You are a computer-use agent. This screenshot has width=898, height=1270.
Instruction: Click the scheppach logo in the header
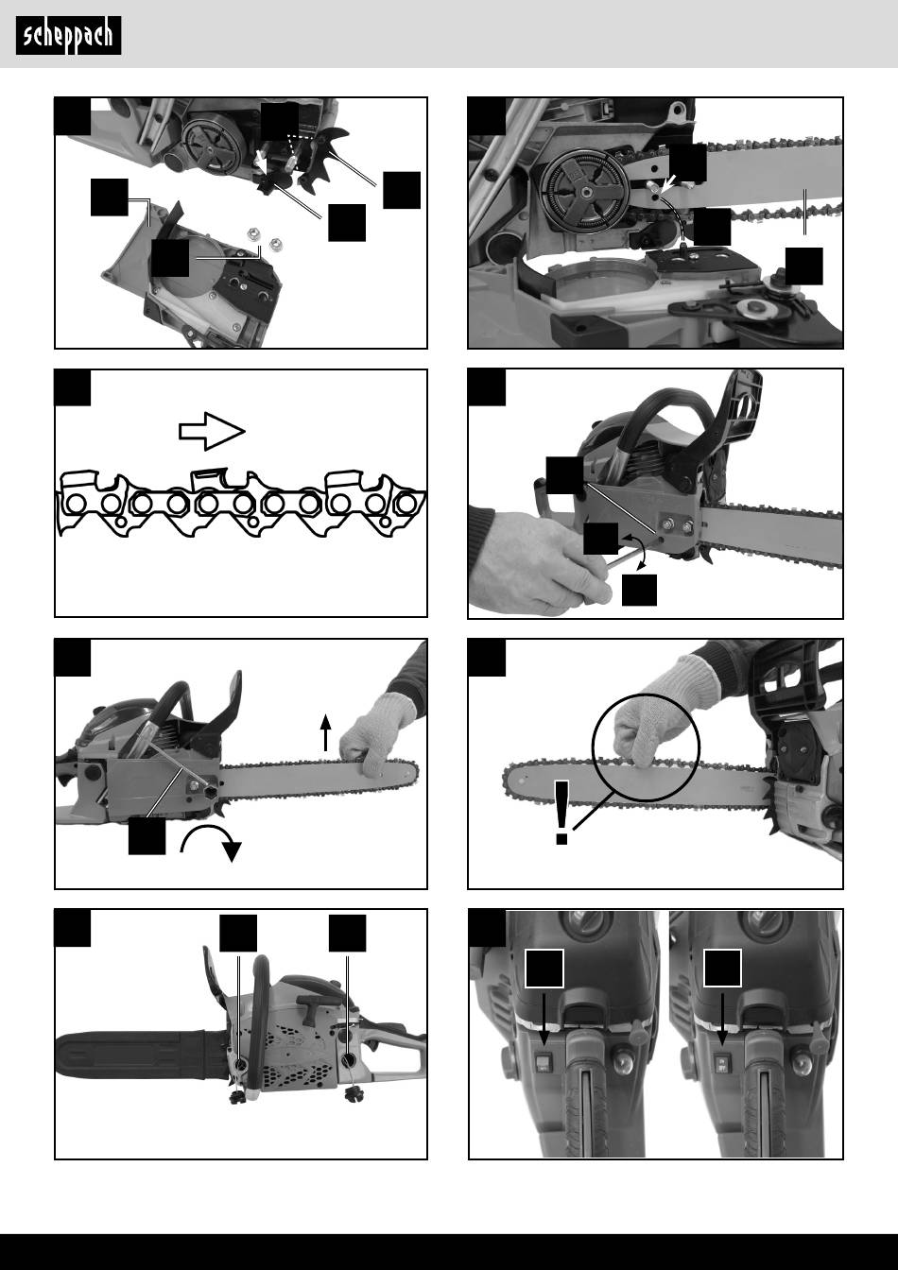(x=68, y=35)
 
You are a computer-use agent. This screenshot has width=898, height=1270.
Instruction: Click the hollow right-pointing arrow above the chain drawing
(x=212, y=432)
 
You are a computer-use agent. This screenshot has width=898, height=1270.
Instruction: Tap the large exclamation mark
(x=561, y=813)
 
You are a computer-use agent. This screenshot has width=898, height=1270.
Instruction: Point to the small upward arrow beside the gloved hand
(x=325, y=732)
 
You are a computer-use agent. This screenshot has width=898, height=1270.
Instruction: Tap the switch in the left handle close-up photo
(x=544, y=1058)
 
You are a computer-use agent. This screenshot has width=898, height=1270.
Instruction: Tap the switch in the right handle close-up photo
(x=722, y=1058)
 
